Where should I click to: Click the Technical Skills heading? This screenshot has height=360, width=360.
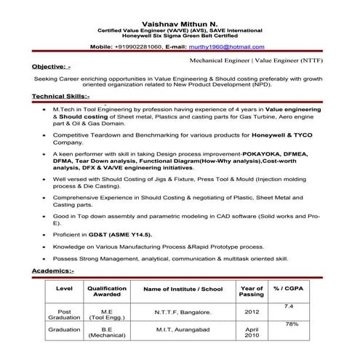point(61,96)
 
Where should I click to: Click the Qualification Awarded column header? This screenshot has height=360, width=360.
point(107,292)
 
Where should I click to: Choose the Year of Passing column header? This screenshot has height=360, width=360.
point(251,292)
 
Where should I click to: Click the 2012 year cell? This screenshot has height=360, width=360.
point(251,312)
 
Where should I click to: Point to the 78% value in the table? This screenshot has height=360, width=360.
point(290,324)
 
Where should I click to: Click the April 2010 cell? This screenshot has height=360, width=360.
point(251,333)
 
